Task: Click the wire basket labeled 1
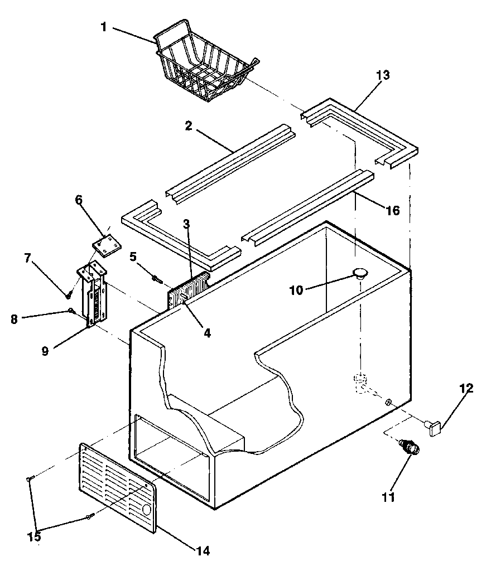(x=204, y=64)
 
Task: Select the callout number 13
(x=383, y=75)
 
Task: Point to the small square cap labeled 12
(x=435, y=428)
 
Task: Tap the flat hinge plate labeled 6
(x=106, y=246)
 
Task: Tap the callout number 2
(x=189, y=126)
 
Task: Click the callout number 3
(x=187, y=225)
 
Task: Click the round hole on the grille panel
(x=147, y=509)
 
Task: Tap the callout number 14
(x=203, y=551)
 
